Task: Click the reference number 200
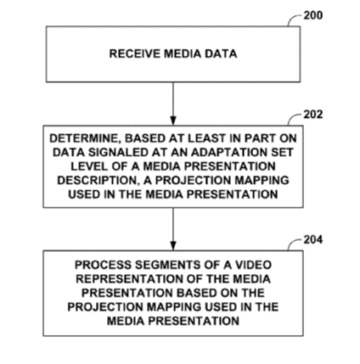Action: pos(313,15)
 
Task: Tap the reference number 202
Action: pos(313,115)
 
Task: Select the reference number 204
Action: pos(313,239)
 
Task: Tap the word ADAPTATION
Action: pos(228,153)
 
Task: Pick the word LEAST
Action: pos(206,138)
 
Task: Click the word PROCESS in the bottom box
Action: pos(104,265)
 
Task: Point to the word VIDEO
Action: pos(253,265)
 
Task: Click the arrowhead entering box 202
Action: pos(173,120)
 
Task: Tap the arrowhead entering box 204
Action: pos(173,245)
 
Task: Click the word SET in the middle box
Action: pos(281,153)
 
